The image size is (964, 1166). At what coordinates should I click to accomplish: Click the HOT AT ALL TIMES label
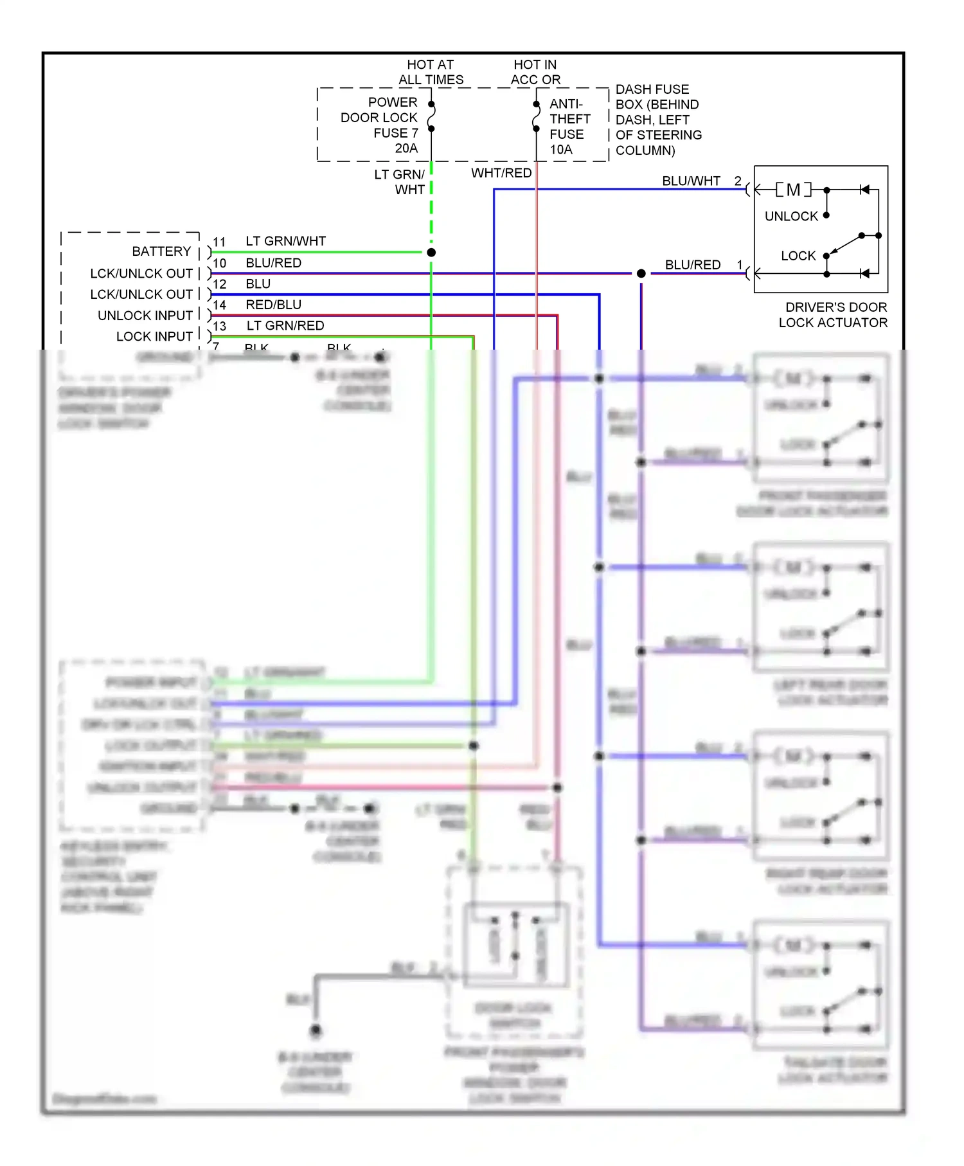point(431,72)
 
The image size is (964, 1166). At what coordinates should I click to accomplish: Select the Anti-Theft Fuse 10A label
point(569,127)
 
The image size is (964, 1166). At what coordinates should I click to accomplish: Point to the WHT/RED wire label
point(501,173)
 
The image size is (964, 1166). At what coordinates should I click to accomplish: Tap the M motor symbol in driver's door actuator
point(793,190)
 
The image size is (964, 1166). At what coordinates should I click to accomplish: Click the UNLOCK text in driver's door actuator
point(791,216)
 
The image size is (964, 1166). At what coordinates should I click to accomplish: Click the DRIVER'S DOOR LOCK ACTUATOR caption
point(834,315)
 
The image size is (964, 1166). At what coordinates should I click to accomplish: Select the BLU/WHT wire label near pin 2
point(691,181)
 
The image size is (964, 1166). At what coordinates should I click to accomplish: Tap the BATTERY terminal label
point(161,251)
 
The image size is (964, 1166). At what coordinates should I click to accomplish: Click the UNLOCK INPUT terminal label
point(145,316)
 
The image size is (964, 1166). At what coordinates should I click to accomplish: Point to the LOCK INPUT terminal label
point(154,336)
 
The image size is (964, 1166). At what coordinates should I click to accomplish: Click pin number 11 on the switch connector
point(220,242)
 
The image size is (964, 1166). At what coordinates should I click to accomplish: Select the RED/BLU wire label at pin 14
point(273,305)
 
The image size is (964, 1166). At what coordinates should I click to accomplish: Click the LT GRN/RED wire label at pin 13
point(285,326)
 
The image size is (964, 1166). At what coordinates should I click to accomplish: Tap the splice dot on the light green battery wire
point(431,253)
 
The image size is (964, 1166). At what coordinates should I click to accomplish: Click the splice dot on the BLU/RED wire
point(641,274)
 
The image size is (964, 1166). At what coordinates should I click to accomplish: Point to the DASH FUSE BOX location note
point(658,120)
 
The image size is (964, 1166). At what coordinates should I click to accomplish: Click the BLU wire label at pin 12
point(258,284)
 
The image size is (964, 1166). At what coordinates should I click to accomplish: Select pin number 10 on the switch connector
point(220,264)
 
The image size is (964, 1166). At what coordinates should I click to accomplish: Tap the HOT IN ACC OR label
point(535,72)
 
